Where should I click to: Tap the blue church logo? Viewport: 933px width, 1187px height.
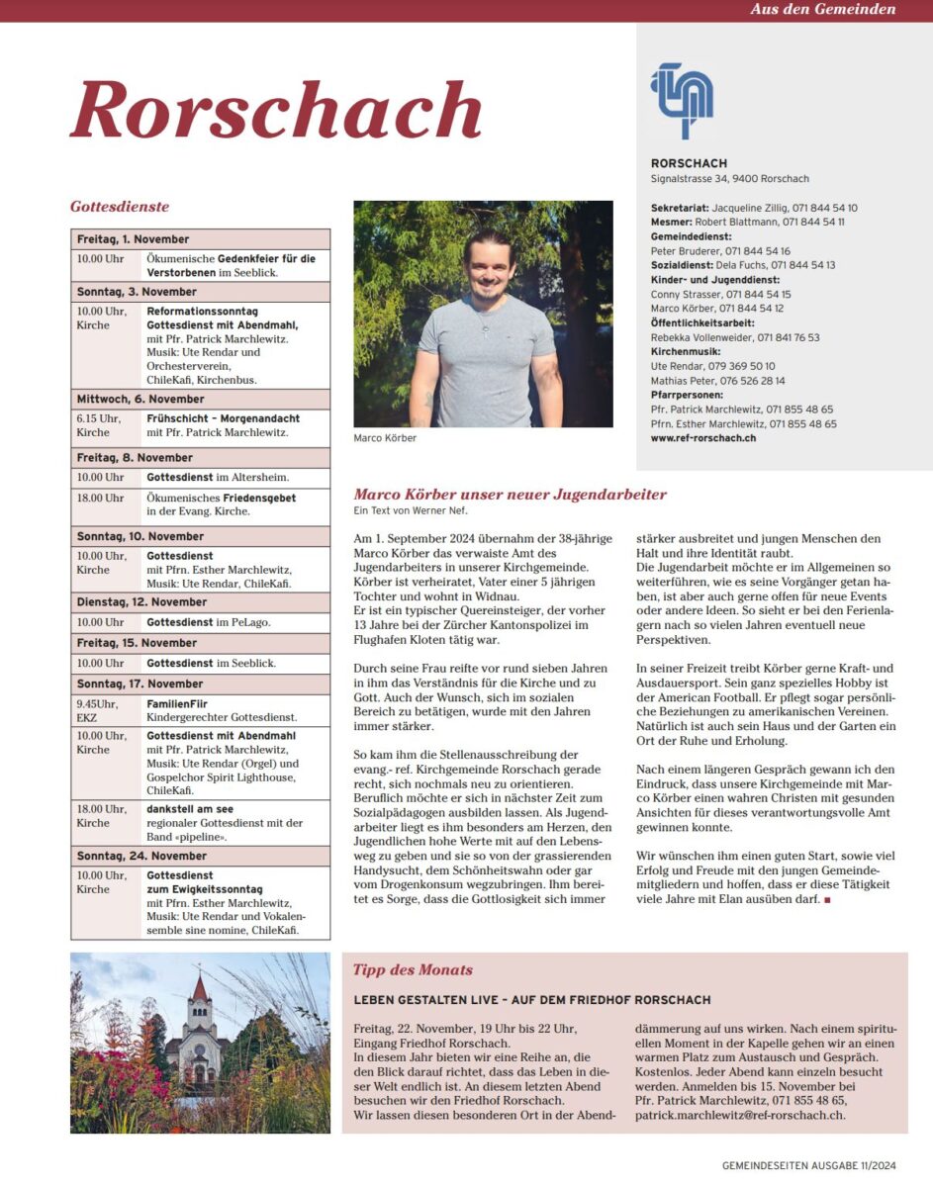point(681,100)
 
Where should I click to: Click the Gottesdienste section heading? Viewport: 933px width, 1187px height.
point(120,207)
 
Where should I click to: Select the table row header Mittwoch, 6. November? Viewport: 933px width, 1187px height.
point(140,399)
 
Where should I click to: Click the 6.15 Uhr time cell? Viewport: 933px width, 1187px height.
point(99,418)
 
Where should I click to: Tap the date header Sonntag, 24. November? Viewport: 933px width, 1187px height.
point(141,856)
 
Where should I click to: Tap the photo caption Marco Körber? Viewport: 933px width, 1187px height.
point(385,438)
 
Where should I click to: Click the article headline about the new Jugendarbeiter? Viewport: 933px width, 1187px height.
point(510,495)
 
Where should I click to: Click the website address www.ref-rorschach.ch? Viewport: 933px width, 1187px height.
point(703,437)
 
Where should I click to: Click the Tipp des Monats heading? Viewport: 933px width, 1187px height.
point(413,969)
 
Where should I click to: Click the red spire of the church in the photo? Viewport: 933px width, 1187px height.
point(200,987)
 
